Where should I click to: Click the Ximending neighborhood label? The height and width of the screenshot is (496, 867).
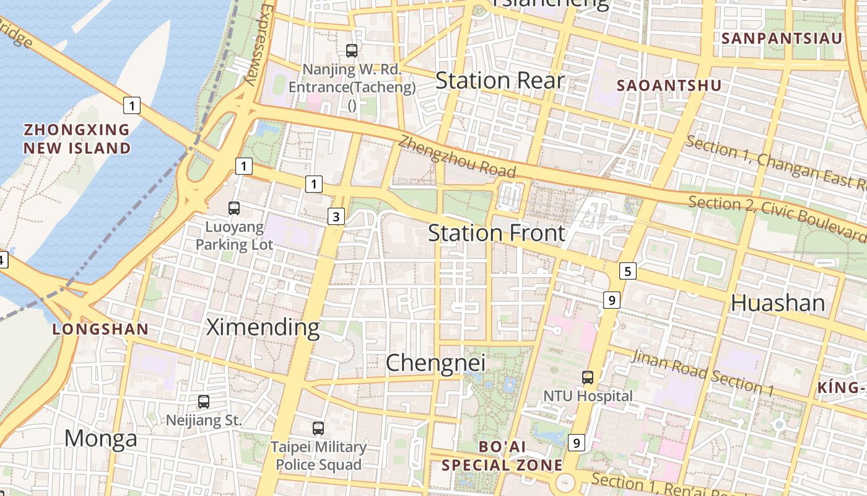pyautogui.click(x=263, y=327)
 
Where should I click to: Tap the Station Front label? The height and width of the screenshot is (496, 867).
pyautogui.click(x=497, y=233)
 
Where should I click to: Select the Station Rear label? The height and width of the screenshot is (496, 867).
pyautogui.click(x=500, y=81)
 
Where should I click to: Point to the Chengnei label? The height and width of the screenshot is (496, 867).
pyautogui.click(x=435, y=363)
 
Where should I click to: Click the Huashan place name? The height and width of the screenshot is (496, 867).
pyautogui.click(x=778, y=303)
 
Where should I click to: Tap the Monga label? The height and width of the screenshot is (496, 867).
pyautogui.click(x=101, y=439)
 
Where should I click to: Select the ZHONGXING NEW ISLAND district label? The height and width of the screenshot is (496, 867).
pyautogui.click(x=77, y=139)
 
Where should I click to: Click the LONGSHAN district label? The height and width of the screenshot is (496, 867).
pyautogui.click(x=100, y=329)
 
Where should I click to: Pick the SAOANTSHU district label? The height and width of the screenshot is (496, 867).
pyautogui.click(x=670, y=86)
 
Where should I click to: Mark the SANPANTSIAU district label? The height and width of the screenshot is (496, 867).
pyautogui.click(x=782, y=38)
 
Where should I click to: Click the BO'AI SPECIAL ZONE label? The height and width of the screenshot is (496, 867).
pyautogui.click(x=502, y=456)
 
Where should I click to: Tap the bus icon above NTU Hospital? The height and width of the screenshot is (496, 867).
pyautogui.click(x=587, y=377)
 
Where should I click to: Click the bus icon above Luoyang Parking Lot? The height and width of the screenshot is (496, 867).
pyautogui.click(x=234, y=208)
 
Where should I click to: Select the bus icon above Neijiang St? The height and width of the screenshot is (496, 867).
pyautogui.click(x=204, y=402)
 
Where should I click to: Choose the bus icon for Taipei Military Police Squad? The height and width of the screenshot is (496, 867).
pyautogui.click(x=318, y=428)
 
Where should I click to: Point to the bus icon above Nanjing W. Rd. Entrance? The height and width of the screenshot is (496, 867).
pyautogui.click(x=352, y=51)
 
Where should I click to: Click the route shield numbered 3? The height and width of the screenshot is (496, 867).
pyautogui.click(x=336, y=216)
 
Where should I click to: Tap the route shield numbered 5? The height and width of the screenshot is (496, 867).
pyautogui.click(x=628, y=271)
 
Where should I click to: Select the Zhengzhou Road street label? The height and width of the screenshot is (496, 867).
pyautogui.click(x=457, y=156)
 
